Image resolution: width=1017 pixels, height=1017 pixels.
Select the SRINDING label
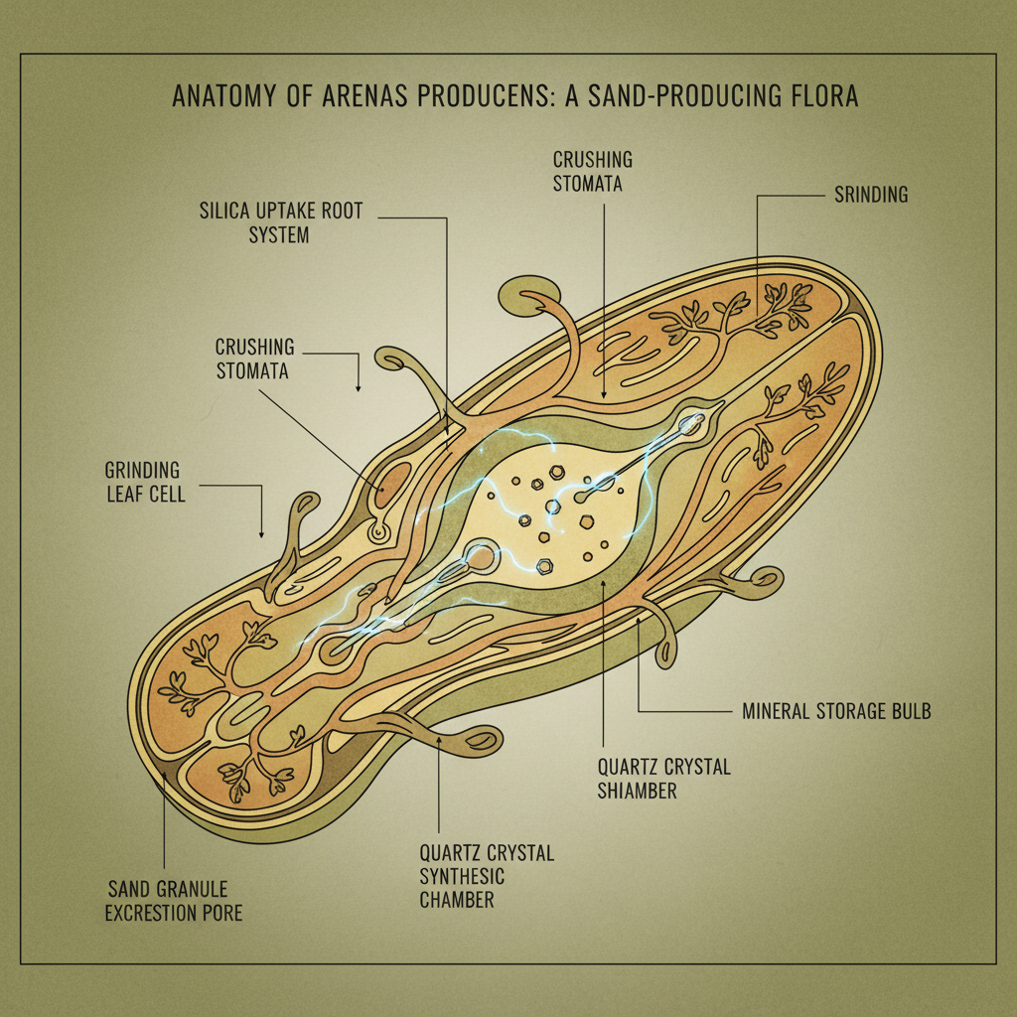click(865, 195)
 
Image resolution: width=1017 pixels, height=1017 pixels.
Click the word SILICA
click(227, 211)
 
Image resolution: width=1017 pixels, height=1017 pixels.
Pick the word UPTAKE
click(293, 211)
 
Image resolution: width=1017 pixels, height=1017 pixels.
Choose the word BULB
click(909, 711)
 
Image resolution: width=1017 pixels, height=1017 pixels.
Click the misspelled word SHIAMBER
click(637, 791)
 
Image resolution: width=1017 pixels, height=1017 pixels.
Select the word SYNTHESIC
click(462, 877)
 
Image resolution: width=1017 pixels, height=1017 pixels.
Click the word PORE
click(220, 913)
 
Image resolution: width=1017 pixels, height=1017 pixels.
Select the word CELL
click(167, 493)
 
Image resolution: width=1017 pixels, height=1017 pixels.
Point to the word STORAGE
click(855, 711)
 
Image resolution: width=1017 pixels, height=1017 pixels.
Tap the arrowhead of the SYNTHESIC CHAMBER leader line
click(439, 740)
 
